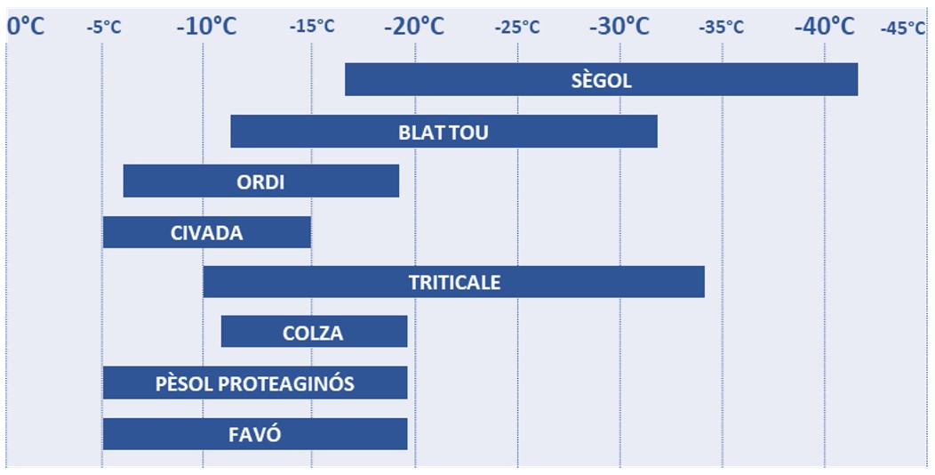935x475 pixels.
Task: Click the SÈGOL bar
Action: (x=601, y=79)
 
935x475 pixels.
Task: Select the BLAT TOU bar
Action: (x=444, y=132)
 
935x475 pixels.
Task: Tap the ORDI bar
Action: (x=261, y=181)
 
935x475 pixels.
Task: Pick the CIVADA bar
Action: (x=207, y=232)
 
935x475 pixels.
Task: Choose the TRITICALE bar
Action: (x=454, y=282)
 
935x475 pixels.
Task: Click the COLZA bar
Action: (x=315, y=332)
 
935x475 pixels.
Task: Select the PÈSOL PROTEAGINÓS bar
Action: (x=255, y=382)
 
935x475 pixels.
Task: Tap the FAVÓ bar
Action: (x=255, y=434)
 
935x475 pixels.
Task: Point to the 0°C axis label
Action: (x=26, y=26)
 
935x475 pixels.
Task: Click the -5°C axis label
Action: (x=104, y=27)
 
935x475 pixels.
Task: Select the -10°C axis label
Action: (x=207, y=26)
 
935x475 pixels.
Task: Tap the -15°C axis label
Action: (x=312, y=27)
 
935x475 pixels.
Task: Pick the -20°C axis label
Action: (x=414, y=26)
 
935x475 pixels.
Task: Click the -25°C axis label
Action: (x=517, y=27)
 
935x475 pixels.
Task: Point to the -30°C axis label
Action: (x=619, y=26)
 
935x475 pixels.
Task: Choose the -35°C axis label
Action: (x=722, y=27)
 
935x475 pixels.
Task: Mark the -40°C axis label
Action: (x=825, y=26)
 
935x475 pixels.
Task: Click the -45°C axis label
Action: (x=903, y=28)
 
